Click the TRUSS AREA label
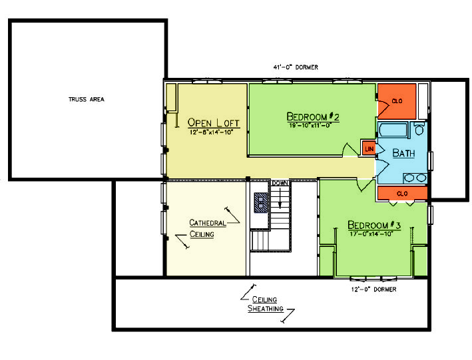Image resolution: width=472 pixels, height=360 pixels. pyautogui.click(x=87, y=99)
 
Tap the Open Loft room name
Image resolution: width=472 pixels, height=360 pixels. pyautogui.click(x=214, y=122)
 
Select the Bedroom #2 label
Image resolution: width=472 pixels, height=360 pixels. pyautogui.click(x=313, y=116)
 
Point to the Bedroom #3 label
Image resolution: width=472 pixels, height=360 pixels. pyautogui.click(x=374, y=225)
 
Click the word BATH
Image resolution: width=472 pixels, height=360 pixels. pyautogui.click(x=403, y=153)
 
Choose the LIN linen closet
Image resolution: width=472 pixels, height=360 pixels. pyautogui.click(x=369, y=148)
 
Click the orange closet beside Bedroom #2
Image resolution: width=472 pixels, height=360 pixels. pyautogui.click(x=397, y=101)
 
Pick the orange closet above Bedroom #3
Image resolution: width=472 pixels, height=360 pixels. pyautogui.click(x=403, y=193)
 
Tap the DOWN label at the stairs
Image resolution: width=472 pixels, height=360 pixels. pyautogui.click(x=280, y=183)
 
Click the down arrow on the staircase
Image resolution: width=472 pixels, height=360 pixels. pyautogui.click(x=280, y=198)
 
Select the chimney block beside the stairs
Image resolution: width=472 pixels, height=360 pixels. pyautogui.click(x=261, y=202)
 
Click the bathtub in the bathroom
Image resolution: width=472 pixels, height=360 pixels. pyautogui.click(x=393, y=130)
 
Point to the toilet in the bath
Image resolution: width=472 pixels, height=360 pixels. pyautogui.click(x=419, y=128)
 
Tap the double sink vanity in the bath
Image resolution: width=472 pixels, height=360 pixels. pyautogui.click(x=415, y=178)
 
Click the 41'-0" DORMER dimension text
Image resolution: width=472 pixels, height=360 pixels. pyautogui.click(x=296, y=67)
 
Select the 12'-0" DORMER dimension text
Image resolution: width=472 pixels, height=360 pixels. pyautogui.click(x=374, y=289)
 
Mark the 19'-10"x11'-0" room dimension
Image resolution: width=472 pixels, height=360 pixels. pyautogui.click(x=310, y=125)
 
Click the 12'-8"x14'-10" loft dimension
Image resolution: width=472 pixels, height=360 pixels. pyautogui.click(x=211, y=132)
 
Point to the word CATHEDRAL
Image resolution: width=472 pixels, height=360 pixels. pyautogui.click(x=208, y=223)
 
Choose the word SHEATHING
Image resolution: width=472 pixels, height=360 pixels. pyautogui.click(x=266, y=309)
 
